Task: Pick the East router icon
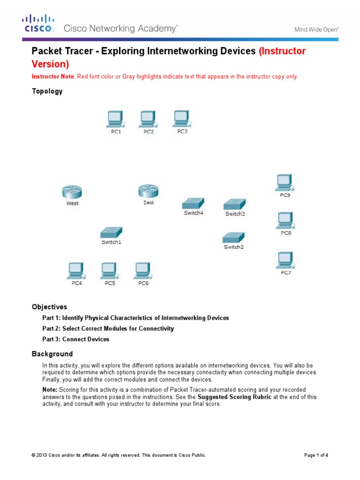148,191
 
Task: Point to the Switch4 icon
193,203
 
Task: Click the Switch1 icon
111,232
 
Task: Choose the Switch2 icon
233,237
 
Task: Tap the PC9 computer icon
285,183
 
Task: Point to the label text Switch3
235,214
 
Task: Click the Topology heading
47,91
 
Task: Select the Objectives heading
49,307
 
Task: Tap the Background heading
52,354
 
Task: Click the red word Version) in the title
50,64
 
